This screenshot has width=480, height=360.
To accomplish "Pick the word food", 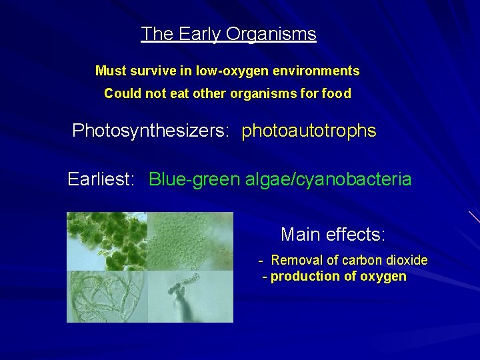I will click(x=336, y=94).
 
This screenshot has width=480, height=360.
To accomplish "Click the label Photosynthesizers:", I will click(x=151, y=131).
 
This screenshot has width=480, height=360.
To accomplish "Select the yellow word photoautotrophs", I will click(x=309, y=131).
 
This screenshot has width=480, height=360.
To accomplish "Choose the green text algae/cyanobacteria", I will click(x=328, y=179).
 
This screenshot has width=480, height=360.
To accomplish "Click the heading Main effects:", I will click(x=333, y=235).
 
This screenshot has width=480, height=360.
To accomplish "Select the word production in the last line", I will click(x=307, y=277).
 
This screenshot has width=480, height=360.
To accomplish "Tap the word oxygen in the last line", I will click(x=383, y=277).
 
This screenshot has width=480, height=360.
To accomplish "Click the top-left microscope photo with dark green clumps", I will click(x=107, y=240).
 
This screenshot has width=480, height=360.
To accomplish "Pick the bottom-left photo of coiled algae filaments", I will click(x=107, y=295).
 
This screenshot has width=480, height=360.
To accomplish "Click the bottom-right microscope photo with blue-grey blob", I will click(x=190, y=295).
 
